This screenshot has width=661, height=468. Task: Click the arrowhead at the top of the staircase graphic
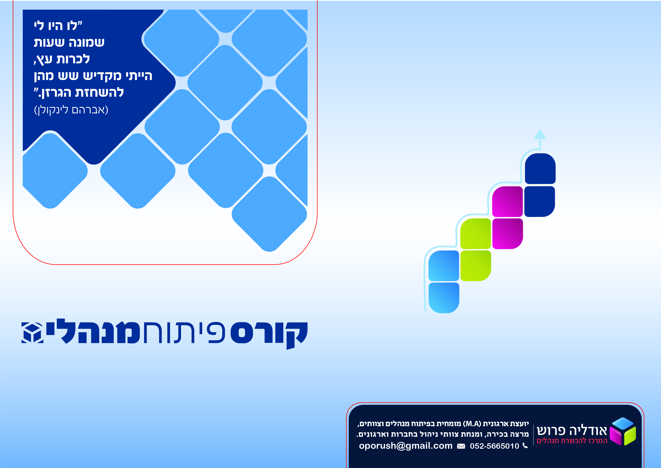[540, 135]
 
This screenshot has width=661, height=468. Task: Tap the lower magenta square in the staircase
[508, 233]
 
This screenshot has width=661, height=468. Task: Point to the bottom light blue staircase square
[444, 298]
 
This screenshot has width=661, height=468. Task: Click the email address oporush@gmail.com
[406, 446]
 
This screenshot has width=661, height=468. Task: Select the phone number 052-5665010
[494, 446]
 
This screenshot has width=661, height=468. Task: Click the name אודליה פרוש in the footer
[572, 430]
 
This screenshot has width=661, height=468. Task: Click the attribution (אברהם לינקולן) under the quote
[71, 110]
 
